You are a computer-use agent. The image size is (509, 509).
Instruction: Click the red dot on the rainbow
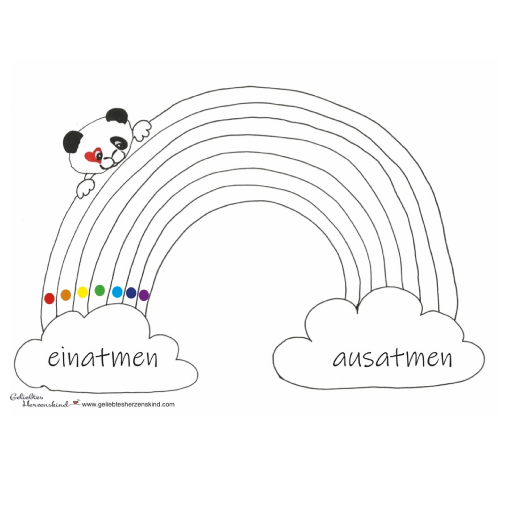click(49, 298)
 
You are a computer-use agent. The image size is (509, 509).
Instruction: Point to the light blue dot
click(117, 292)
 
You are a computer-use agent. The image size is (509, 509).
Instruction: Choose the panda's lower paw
click(85, 188)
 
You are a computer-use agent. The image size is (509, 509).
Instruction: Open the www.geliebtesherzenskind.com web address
click(128, 412)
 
